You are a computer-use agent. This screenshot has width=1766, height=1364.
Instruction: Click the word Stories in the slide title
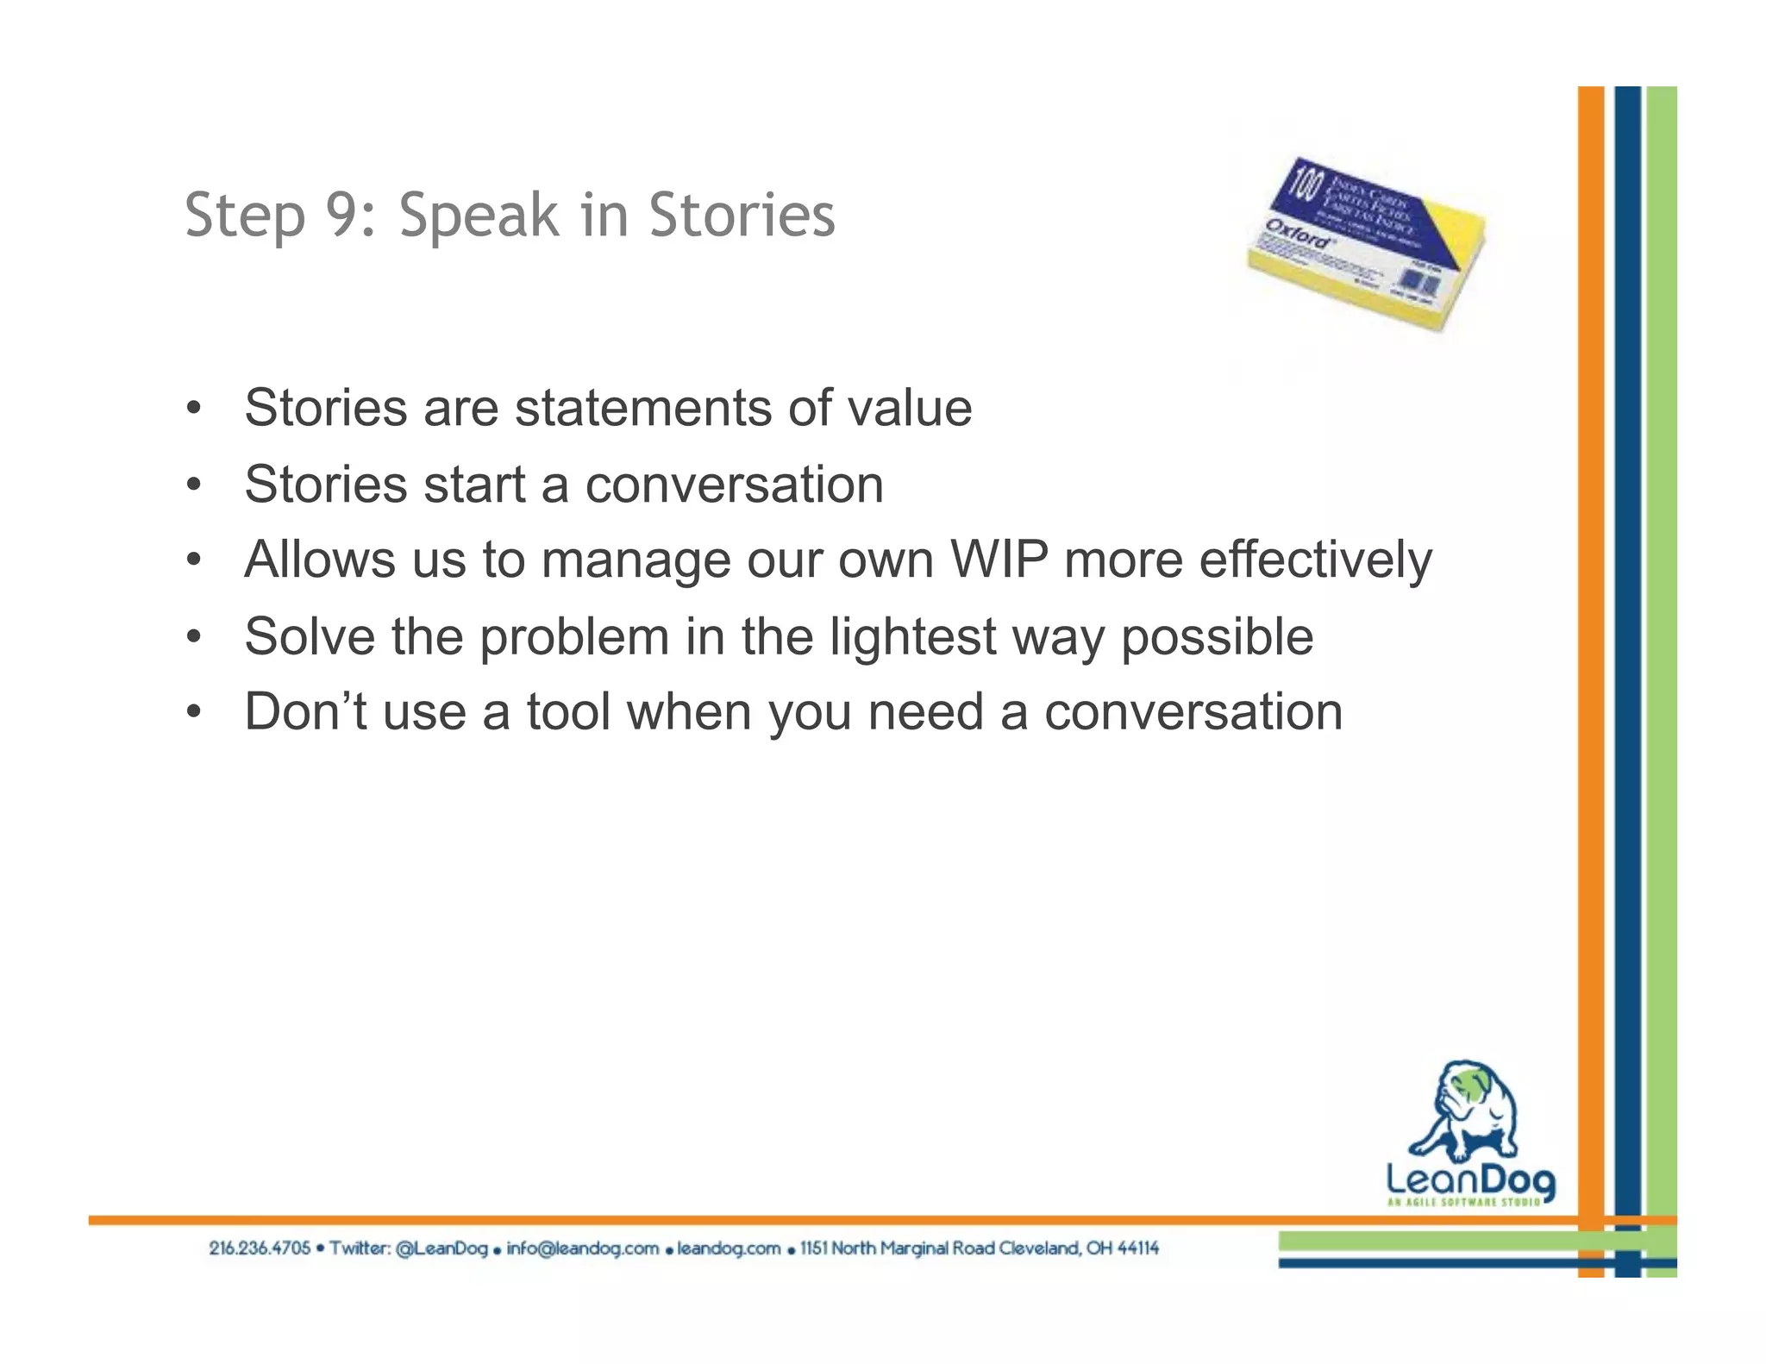coord(742,215)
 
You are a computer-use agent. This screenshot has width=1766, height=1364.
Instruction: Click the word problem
coord(574,638)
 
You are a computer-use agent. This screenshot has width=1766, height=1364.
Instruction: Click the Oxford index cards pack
coord(1367,246)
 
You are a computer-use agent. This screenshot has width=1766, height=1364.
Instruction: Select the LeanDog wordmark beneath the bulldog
coord(1470,1179)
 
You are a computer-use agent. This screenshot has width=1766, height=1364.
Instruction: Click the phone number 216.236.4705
coord(260,1248)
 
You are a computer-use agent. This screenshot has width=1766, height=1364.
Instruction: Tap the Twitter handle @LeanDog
coord(441,1248)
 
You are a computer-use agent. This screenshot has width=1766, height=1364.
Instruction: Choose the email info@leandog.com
coord(582,1248)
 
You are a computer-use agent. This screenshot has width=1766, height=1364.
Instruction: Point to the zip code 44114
coord(1138,1248)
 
